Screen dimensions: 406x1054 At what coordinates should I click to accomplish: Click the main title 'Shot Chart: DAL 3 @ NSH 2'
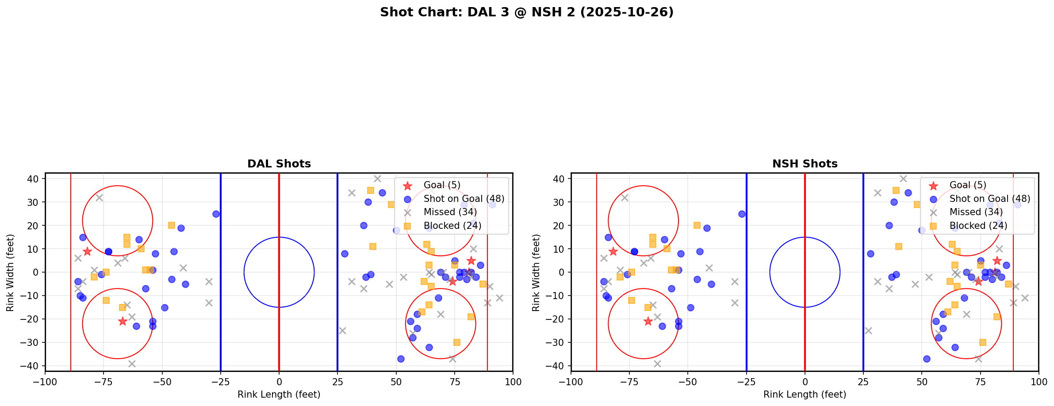coord(526,12)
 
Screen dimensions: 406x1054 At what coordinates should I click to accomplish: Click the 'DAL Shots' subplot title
coord(279,164)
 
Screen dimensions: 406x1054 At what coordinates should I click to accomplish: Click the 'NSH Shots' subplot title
coord(805,164)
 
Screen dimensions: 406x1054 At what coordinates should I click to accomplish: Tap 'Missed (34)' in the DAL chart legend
coord(450,212)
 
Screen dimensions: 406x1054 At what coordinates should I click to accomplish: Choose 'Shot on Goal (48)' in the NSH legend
coord(990,199)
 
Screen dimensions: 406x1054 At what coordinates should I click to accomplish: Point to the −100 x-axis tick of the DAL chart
coord(45,382)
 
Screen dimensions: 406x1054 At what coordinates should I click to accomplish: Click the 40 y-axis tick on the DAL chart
coord(35,178)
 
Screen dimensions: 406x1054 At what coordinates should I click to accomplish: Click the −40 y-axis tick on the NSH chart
coord(559,366)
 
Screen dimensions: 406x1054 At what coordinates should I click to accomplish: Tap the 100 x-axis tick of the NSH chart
coord(1039,382)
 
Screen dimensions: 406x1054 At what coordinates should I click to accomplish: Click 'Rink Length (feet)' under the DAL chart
coord(279,395)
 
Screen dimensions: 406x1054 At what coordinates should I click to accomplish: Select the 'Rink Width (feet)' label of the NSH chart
coord(536,273)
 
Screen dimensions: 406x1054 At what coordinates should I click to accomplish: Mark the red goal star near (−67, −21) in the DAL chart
coord(123,321)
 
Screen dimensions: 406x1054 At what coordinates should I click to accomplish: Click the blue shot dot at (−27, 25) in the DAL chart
coord(216,214)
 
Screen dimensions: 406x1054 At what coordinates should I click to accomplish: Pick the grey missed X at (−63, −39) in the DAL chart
coord(132,364)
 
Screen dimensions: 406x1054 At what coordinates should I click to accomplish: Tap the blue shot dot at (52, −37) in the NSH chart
coord(927,359)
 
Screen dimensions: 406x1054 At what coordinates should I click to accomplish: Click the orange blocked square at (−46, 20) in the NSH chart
coord(697,225)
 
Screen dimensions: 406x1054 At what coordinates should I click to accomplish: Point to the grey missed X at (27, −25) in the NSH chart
coord(868,330)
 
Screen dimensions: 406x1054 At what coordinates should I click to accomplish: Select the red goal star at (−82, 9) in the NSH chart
coord(613,251)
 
